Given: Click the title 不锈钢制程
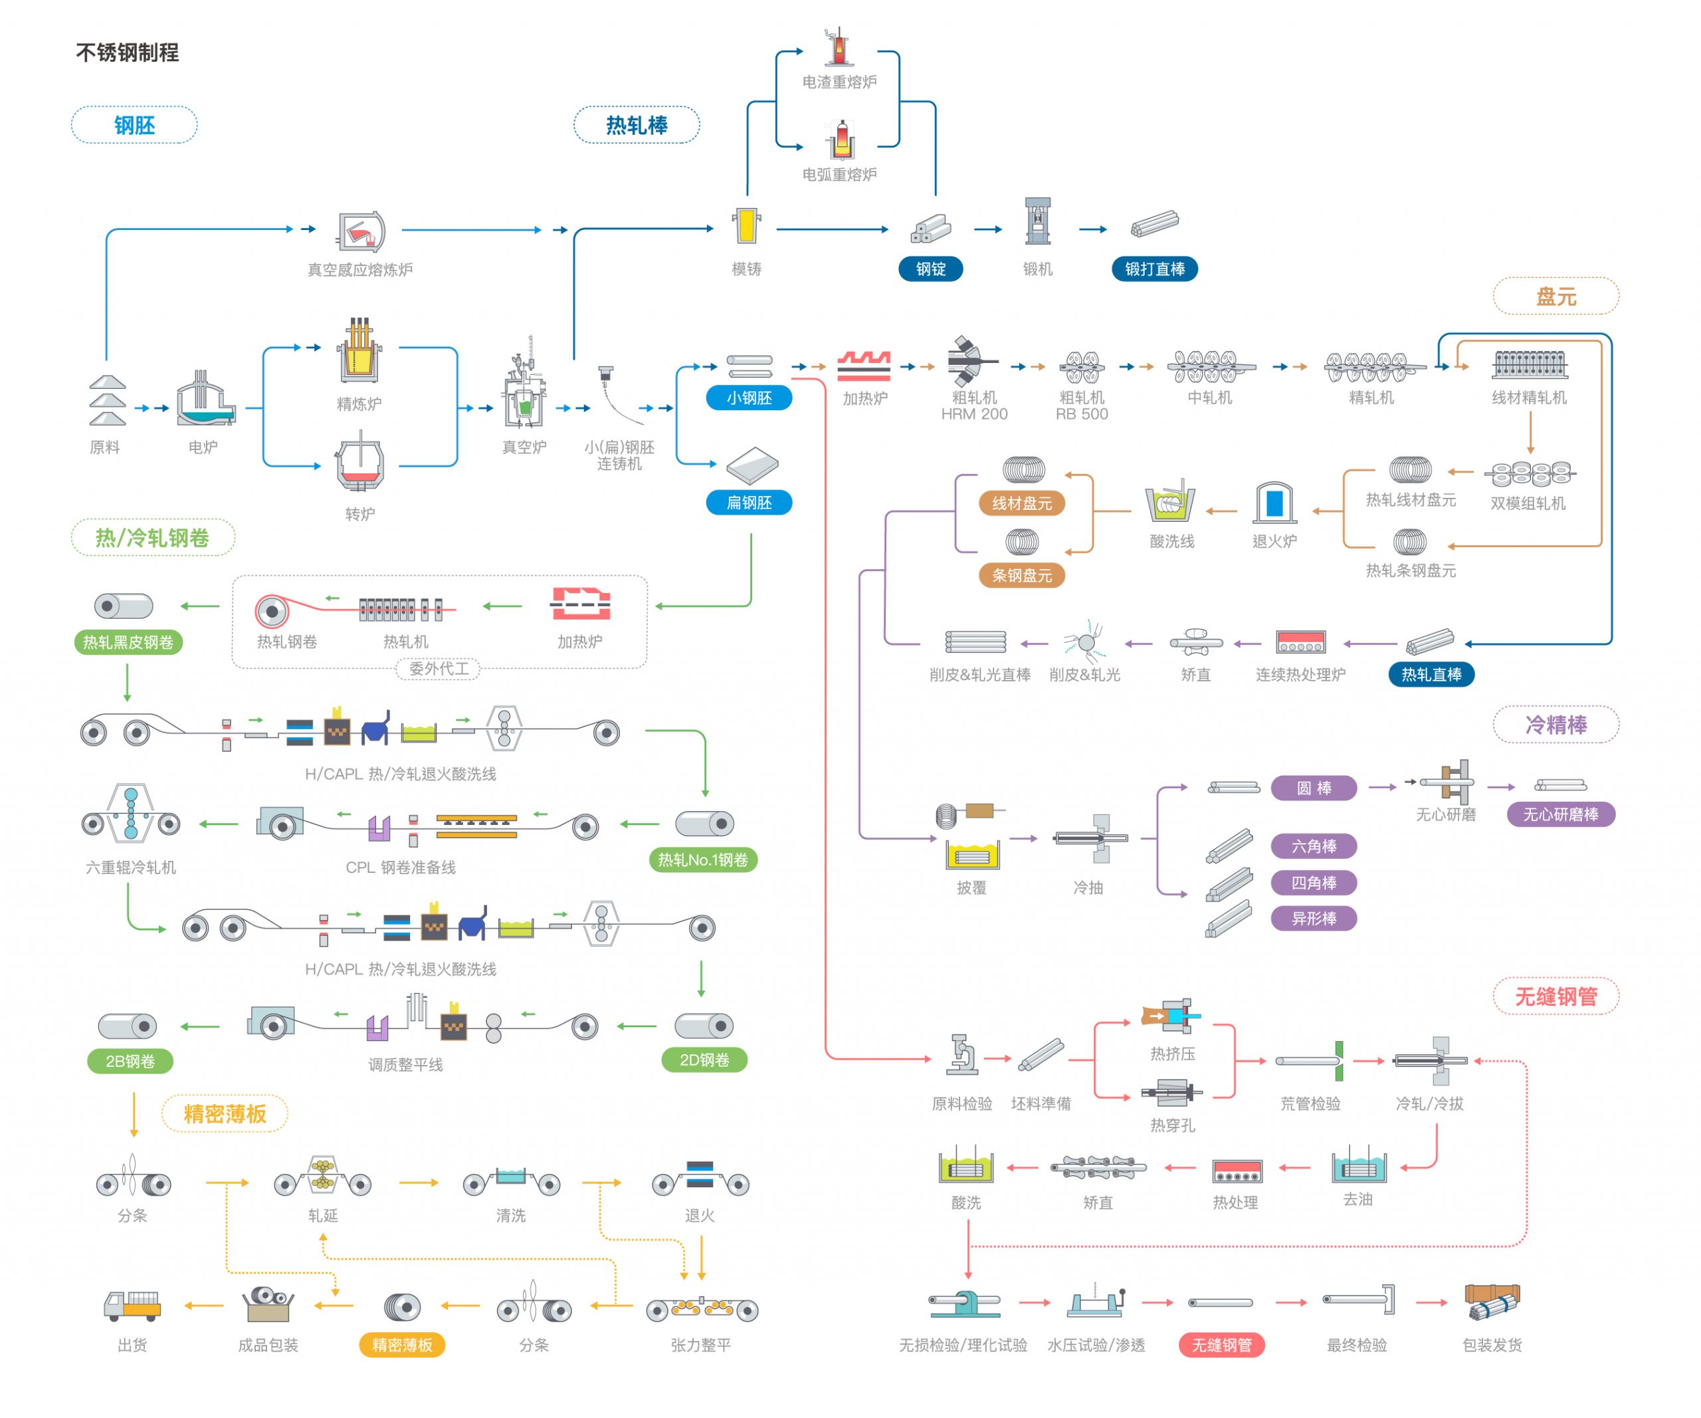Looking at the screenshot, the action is (127, 53).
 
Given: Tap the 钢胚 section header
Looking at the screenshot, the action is (134, 125).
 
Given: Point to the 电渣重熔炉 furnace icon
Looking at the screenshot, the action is (839, 47).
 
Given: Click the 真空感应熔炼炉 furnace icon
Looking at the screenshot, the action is (360, 230).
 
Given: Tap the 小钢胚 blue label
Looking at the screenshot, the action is (748, 398).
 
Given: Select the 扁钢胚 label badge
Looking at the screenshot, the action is (748, 503).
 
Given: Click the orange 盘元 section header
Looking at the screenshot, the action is (1556, 296).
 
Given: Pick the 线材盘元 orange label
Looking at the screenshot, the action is (1021, 503).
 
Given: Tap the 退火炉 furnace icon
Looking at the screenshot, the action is (1274, 503).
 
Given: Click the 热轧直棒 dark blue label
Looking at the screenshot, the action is (1431, 674).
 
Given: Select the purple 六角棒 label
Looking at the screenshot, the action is (1313, 846).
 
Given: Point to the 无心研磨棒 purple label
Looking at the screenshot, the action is (1561, 814).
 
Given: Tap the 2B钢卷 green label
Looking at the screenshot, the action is (130, 1060).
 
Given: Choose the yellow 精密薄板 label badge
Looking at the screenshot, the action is (402, 1345).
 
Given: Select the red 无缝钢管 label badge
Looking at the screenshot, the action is (1221, 1345).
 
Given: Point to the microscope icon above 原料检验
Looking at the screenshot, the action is (961, 1054).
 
